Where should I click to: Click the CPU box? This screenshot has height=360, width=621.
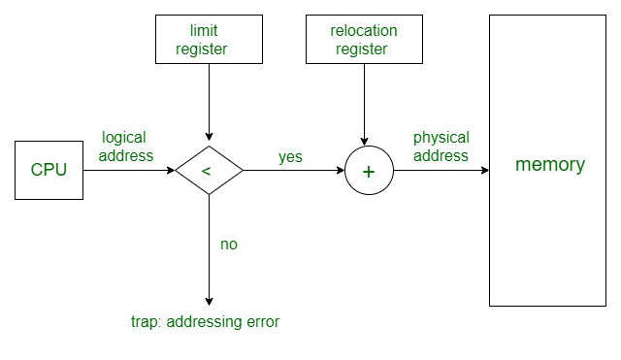(x=49, y=170)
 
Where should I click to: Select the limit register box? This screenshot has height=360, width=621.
(x=210, y=40)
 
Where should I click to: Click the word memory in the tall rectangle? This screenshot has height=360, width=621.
(x=550, y=164)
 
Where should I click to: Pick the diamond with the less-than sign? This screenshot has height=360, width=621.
(x=209, y=171)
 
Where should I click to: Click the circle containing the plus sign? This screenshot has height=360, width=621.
(x=368, y=171)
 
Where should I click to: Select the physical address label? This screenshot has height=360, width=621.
(x=441, y=147)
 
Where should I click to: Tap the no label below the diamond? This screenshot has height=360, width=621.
(x=229, y=245)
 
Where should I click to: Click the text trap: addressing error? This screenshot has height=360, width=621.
(x=205, y=321)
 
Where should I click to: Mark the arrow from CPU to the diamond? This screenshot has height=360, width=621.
(x=128, y=171)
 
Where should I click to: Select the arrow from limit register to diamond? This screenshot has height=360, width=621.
(x=210, y=102)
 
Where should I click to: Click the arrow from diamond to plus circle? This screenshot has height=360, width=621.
(x=293, y=171)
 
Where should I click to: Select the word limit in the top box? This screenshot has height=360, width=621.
(x=210, y=31)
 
